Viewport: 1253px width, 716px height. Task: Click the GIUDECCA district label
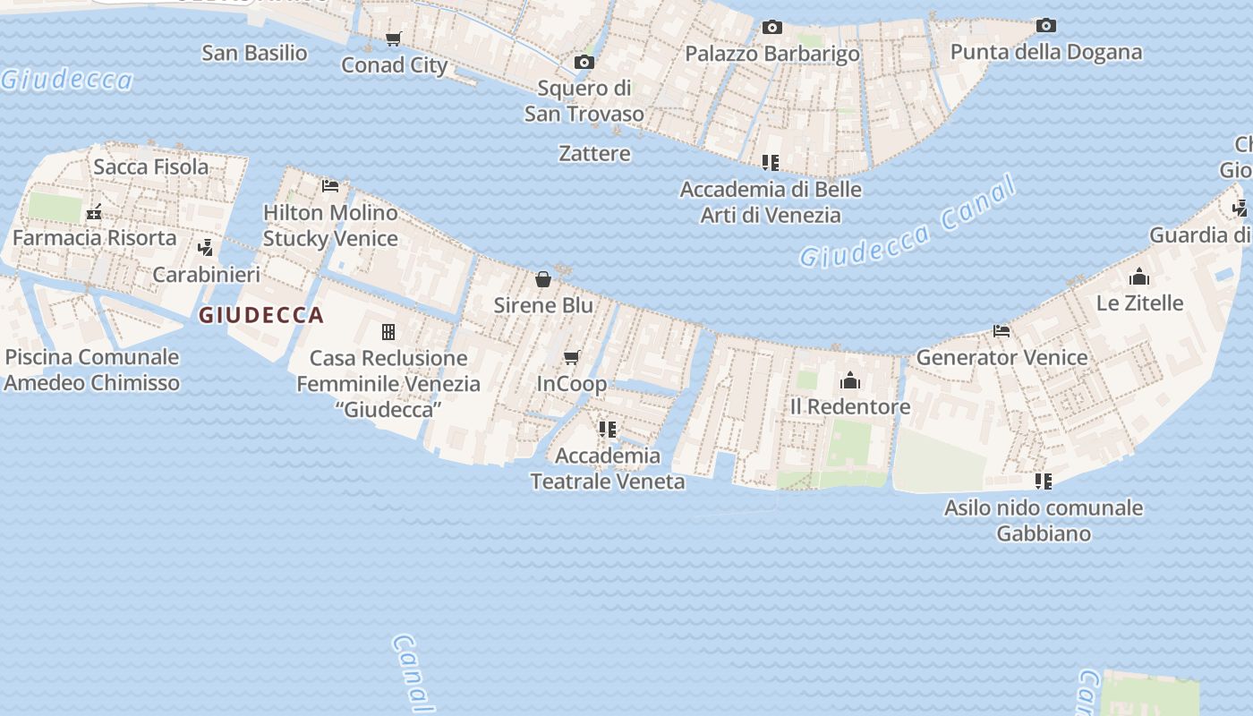click(x=260, y=315)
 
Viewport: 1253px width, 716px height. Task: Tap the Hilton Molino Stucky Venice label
click(x=330, y=226)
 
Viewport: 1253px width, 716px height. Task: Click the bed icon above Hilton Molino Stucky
click(x=330, y=186)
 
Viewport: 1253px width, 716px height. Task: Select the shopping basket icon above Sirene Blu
click(x=543, y=279)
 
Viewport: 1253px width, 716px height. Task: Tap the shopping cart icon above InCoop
click(x=571, y=358)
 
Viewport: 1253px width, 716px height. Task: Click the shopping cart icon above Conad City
click(x=393, y=38)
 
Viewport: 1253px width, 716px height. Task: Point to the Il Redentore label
click(x=850, y=406)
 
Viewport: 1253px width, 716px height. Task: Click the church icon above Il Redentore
click(x=850, y=381)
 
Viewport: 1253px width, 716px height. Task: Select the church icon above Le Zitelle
click(x=1139, y=277)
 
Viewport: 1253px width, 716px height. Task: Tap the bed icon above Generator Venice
click(x=1002, y=331)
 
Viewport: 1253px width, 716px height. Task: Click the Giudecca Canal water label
click(x=908, y=224)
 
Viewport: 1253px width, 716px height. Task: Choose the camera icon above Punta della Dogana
click(x=1045, y=26)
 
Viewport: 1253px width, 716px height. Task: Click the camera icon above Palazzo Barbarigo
click(x=771, y=28)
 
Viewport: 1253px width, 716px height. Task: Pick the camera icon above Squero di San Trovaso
click(x=584, y=63)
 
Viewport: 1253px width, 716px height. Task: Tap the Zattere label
click(x=594, y=154)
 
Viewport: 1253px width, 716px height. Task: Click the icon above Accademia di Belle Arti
click(x=770, y=163)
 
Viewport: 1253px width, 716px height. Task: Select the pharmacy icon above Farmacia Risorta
click(x=94, y=213)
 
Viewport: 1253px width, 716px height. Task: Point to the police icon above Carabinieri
click(x=205, y=248)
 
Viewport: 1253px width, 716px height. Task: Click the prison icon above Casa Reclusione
click(x=388, y=332)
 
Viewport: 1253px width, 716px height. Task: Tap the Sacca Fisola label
click(x=150, y=166)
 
